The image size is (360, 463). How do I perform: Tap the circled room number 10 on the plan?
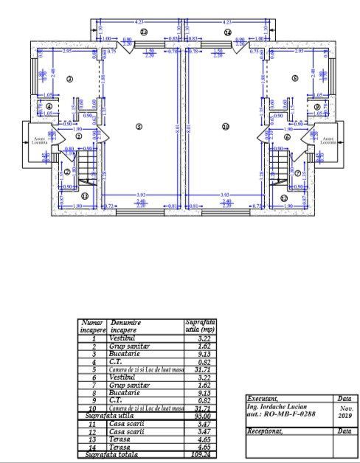226,126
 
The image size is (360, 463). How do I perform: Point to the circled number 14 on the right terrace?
227,32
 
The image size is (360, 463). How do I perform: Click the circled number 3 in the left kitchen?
70,78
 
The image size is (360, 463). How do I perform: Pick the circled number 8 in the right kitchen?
294,78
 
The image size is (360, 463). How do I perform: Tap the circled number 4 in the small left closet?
49,106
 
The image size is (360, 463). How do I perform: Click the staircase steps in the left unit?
87,164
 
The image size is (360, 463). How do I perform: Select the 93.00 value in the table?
198,417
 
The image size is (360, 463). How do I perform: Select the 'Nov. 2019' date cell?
345,411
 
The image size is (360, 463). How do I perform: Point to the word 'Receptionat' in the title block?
265,430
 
